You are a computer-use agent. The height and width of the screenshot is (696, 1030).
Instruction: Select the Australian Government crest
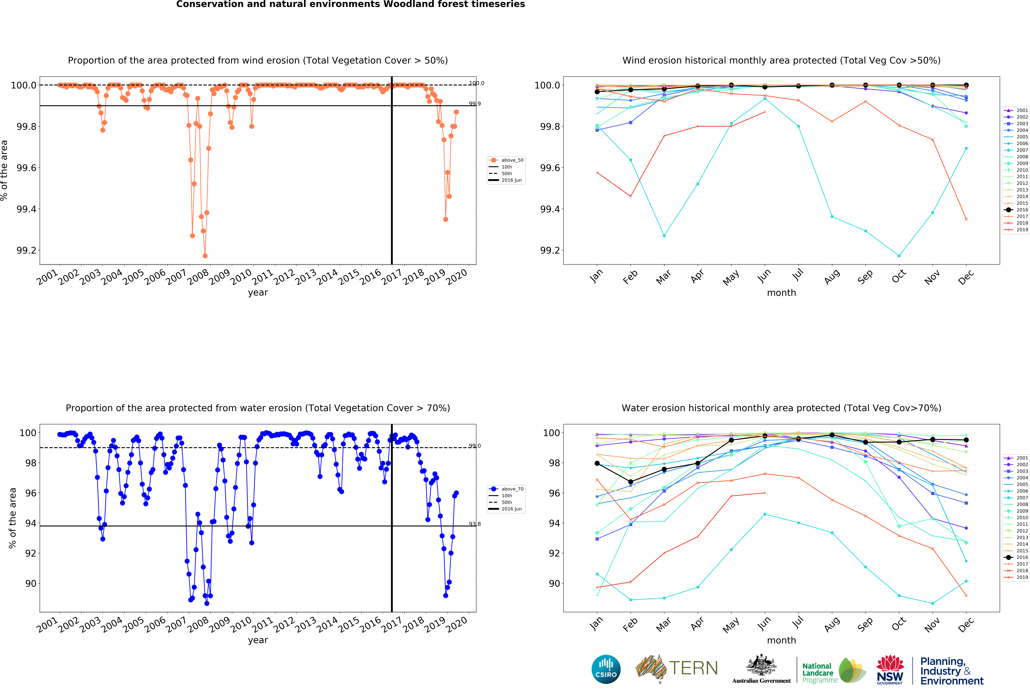(x=761, y=665)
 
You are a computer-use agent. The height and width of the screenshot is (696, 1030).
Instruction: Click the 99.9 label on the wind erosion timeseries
(x=475, y=104)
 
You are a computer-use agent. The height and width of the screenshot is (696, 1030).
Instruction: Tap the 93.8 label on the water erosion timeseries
(x=475, y=524)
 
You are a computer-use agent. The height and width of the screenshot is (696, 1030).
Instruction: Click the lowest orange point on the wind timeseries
(x=205, y=256)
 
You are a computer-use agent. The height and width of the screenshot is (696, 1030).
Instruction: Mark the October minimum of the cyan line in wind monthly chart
(x=899, y=256)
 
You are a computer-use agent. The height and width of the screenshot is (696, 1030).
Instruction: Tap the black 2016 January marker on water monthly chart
(x=597, y=463)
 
